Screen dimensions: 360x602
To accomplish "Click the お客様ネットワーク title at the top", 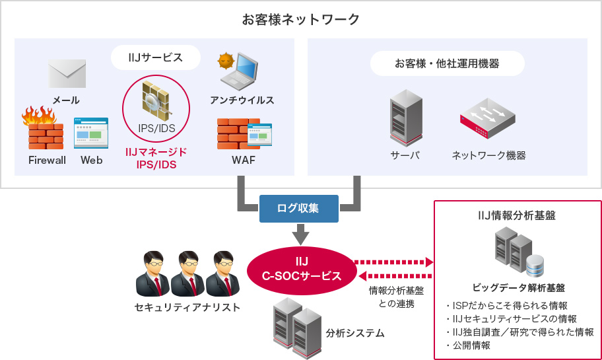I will (300, 19).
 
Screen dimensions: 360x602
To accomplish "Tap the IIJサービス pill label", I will (156, 57).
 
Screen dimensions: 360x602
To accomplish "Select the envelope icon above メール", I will (67, 73).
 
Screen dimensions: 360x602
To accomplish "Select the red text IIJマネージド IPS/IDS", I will (156, 159).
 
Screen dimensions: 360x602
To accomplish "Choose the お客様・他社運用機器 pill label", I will (447, 63).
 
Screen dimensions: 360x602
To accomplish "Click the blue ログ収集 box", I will (298, 208).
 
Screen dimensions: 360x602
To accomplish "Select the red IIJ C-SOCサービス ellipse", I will (300, 268).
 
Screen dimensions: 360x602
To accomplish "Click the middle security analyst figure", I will (187, 274).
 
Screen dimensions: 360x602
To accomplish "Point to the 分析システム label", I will (355, 333).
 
